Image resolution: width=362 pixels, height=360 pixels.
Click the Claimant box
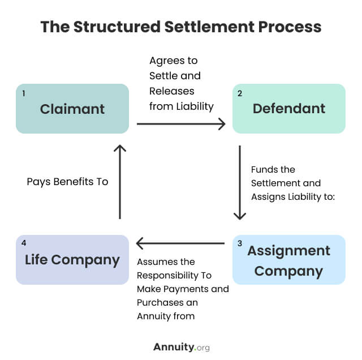pos(72,109)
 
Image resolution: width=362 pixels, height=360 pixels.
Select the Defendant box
pos(288,109)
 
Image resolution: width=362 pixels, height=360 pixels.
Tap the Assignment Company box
pos(288,260)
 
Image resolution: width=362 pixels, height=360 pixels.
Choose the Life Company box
pos(72,260)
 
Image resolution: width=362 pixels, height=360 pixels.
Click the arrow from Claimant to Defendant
pos(180,124)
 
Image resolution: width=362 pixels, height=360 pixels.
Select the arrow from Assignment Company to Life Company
pos(180,243)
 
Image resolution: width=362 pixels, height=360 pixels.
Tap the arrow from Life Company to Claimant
pos(119,181)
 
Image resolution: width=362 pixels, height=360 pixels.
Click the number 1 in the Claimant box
pos(24,93)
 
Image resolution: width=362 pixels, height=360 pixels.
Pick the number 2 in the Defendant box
pos(240,93)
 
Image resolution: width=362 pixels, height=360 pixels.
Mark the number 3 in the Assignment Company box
pos(240,244)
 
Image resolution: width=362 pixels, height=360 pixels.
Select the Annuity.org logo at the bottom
pos(181,347)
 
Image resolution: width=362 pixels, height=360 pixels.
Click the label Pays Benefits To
pos(67,182)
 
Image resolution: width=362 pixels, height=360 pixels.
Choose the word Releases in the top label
pos(171,91)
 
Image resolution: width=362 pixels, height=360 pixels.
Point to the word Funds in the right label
pos(265,169)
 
